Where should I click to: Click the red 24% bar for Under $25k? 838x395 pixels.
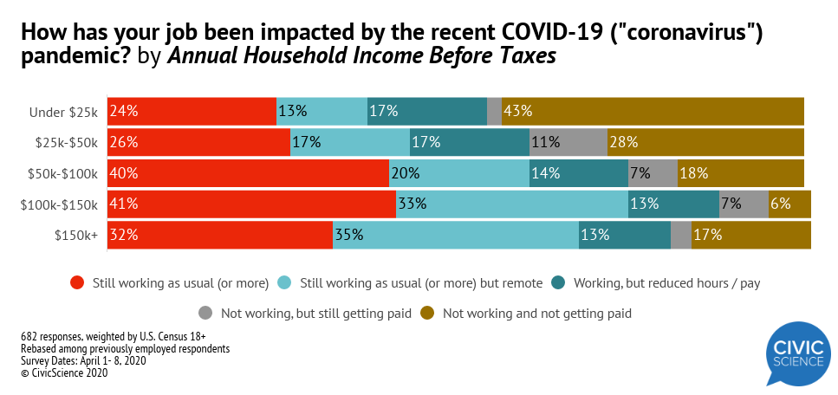click(192, 111)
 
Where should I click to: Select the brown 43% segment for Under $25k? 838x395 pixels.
click(653, 111)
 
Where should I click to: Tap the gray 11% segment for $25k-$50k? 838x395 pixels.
click(568, 142)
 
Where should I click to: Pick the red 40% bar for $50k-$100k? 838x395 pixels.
click(248, 173)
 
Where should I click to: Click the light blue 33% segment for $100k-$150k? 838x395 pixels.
click(512, 204)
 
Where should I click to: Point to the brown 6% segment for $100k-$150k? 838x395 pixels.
click(789, 204)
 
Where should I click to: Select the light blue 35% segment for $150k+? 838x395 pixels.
click(456, 235)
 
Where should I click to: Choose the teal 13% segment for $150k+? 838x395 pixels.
click(625, 235)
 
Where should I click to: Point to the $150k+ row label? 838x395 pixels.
click(76, 236)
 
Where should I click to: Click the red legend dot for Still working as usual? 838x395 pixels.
click(77, 282)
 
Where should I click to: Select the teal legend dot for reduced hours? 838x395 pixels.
click(558, 282)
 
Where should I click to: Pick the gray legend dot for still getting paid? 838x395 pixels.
click(205, 313)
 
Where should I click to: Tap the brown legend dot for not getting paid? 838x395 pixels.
click(427, 313)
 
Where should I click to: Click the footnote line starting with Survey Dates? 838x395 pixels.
click(83, 361)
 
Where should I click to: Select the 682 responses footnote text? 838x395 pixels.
click(112, 335)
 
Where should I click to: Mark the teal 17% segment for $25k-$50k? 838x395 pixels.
click(469, 142)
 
